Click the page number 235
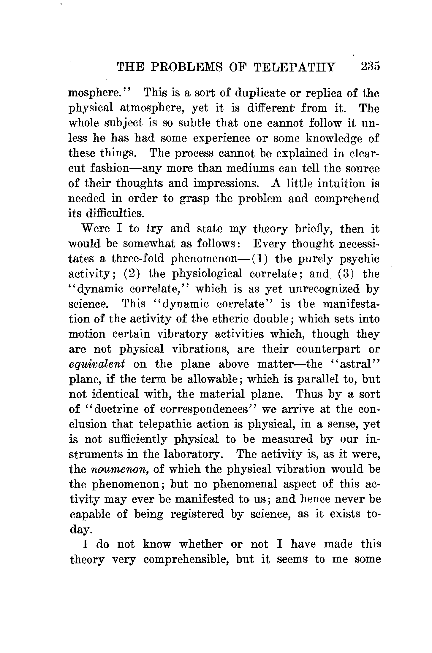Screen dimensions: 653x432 tap(370, 66)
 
